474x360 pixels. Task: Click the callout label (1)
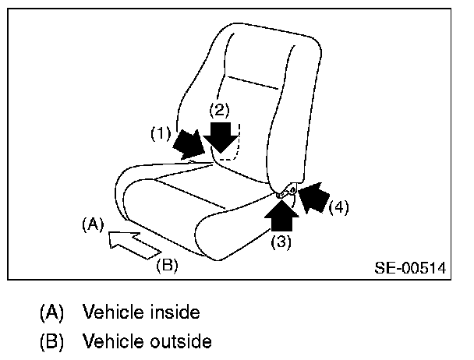(161, 134)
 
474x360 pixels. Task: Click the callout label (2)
(221, 109)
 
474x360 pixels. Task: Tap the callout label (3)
(281, 242)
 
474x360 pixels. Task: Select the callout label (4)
(337, 207)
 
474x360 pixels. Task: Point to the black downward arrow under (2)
(221, 137)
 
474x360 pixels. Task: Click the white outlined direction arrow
(133, 243)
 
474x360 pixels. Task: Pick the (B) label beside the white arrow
(167, 265)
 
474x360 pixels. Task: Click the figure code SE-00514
(409, 267)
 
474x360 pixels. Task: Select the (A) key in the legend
(52, 313)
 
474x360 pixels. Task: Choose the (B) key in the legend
(52, 341)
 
